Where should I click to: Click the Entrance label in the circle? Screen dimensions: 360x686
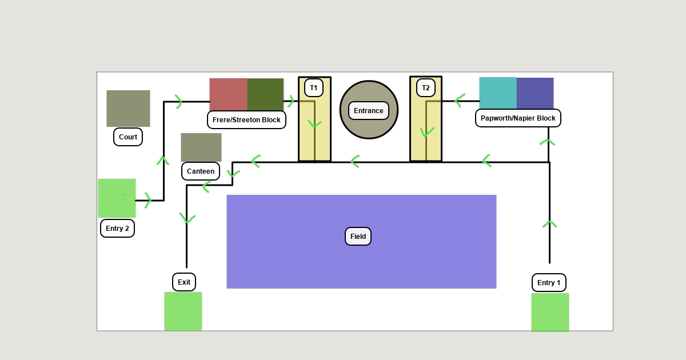pyautogui.click(x=369, y=111)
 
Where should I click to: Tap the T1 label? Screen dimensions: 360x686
pyautogui.click(x=313, y=88)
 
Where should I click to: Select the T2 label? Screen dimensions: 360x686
pyautogui.click(x=425, y=88)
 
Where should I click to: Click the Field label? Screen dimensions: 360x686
pyautogui.click(x=358, y=237)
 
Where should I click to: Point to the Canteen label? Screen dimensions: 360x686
pyautogui.click(x=201, y=171)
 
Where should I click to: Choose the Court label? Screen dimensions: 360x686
pyautogui.click(x=128, y=137)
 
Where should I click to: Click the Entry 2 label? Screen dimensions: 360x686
pyautogui.click(x=117, y=228)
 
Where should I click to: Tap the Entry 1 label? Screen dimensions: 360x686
pyautogui.click(x=549, y=282)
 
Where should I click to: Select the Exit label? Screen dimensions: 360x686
pyautogui.click(x=184, y=282)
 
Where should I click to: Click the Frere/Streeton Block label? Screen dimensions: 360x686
pyautogui.click(x=246, y=120)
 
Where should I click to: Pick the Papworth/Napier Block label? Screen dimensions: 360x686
pyautogui.click(x=518, y=118)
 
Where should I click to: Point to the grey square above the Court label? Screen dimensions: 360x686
pyautogui.click(x=128, y=109)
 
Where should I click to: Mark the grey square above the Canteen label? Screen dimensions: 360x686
pyautogui.click(x=201, y=147)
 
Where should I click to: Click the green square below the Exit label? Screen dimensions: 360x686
pyautogui.click(x=183, y=311)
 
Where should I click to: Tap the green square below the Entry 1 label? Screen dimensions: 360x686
pyautogui.click(x=550, y=312)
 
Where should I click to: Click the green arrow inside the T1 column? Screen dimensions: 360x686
pyautogui.click(x=314, y=123)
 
